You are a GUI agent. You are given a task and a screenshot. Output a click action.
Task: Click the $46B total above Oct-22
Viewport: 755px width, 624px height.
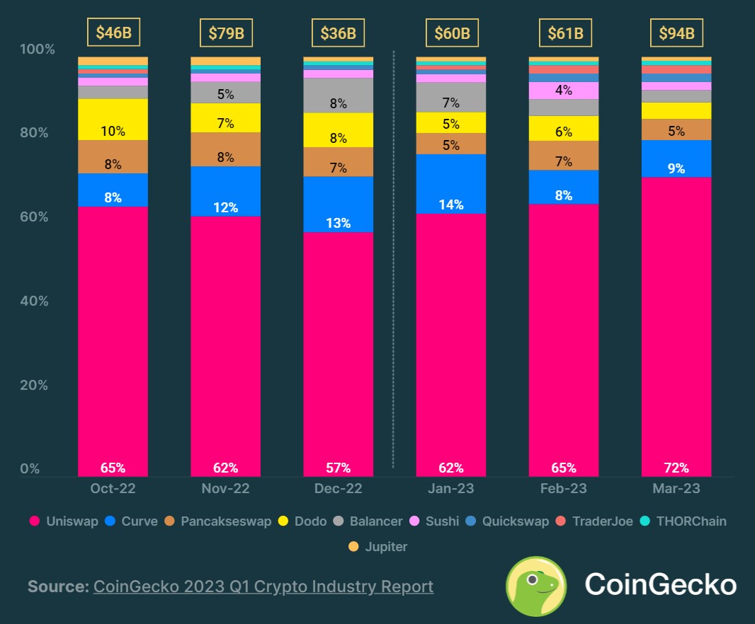pyautogui.click(x=113, y=33)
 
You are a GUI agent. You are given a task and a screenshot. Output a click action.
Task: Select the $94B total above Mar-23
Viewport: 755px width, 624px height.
pyautogui.click(x=676, y=33)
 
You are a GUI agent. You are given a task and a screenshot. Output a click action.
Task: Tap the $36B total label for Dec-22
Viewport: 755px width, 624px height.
pyautogui.click(x=338, y=33)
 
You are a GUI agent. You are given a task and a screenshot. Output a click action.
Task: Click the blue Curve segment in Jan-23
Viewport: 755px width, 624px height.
pyautogui.click(x=450, y=184)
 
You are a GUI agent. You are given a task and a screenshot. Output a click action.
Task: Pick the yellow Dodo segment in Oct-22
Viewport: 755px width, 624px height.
pyautogui.click(x=113, y=120)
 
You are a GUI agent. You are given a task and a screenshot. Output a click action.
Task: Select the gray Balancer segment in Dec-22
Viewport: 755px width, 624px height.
pyautogui.click(x=338, y=96)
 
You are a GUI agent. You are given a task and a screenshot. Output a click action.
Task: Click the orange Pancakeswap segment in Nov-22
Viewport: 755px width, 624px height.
pyautogui.click(x=225, y=149)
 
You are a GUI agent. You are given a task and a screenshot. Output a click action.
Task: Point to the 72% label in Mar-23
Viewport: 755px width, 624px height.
pyautogui.click(x=676, y=468)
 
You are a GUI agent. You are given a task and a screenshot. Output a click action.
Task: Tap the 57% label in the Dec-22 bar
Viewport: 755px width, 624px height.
pyautogui.click(x=338, y=468)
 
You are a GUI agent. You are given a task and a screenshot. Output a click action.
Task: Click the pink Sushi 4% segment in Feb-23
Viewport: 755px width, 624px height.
pyautogui.click(x=564, y=91)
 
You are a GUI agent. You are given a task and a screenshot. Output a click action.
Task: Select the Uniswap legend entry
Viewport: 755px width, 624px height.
pyautogui.click(x=64, y=521)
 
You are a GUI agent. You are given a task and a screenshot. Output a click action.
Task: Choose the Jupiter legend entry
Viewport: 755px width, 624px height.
pyautogui.click(x=380, y=546)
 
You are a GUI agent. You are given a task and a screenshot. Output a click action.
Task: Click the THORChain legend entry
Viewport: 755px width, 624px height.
pyautogui.click(x=683, y=521)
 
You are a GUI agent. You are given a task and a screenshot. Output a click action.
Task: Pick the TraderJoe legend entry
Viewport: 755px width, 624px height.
pyautogui.click(x=596, y=521)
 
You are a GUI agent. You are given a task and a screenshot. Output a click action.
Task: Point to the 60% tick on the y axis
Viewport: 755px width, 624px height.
pyautogui.click(x=33, y=217)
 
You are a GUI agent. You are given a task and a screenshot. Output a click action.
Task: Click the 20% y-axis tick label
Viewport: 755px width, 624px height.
pyautogui.click(x=33, y=386)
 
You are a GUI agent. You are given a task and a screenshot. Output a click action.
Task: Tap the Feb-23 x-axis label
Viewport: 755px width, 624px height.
pyautogui.click(x=564, y=489)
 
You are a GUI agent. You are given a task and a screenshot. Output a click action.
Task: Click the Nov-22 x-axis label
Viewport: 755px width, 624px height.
pyautogui.click(x=225, y=489)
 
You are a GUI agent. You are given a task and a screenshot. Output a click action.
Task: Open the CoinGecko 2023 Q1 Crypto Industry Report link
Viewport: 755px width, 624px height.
pyautogui.click(x=263, y=587)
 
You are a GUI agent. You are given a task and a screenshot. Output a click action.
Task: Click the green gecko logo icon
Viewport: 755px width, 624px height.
pyautogui.click(x=535, y=586)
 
